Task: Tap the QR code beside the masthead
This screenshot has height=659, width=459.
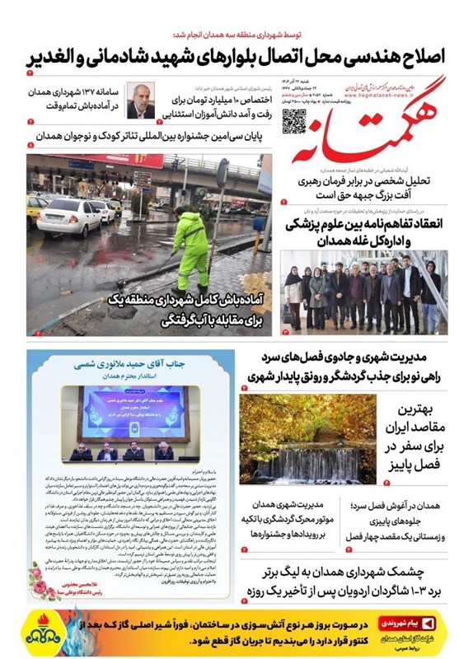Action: [294, 121]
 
